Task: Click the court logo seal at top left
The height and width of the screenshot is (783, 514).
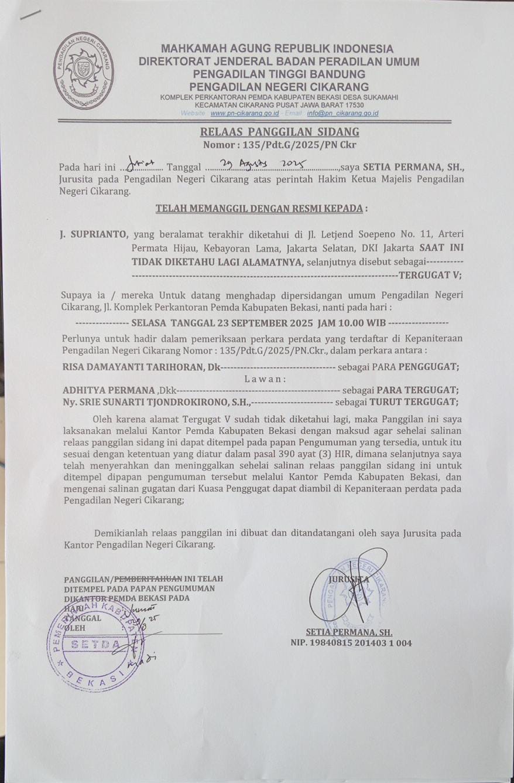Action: tap(83, 71)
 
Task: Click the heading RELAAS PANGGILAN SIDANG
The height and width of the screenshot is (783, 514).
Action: tap(279, 132)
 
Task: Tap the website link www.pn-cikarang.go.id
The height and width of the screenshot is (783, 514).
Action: tap(244, 113)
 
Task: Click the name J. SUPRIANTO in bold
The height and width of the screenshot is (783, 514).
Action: tap(93, 234)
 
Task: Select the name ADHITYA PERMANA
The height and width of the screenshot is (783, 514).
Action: tap(108, 390)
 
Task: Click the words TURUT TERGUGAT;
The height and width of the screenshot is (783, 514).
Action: tap(413, 401)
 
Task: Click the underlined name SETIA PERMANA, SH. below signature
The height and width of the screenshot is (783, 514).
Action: tap(349, 632)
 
